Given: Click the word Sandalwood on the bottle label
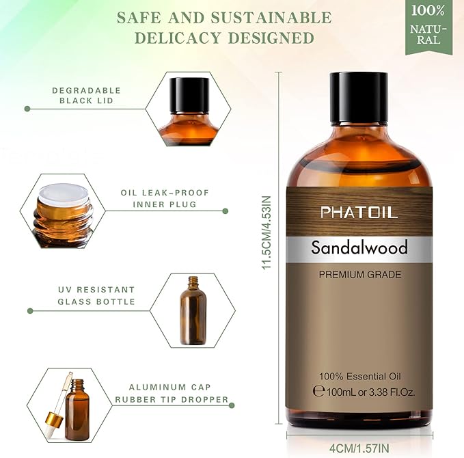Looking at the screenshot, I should (359, 247).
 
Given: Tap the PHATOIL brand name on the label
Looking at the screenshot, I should (359, 213).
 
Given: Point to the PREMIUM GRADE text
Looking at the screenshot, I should (359, 275).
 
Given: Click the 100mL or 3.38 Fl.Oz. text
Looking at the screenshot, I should (363, 392).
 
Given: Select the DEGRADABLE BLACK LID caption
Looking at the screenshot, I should (86, 96).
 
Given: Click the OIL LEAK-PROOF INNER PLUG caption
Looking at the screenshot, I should (159, 199).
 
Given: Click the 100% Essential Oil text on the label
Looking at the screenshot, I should (359, 377).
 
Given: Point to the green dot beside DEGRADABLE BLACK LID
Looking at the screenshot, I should (28, 108).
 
